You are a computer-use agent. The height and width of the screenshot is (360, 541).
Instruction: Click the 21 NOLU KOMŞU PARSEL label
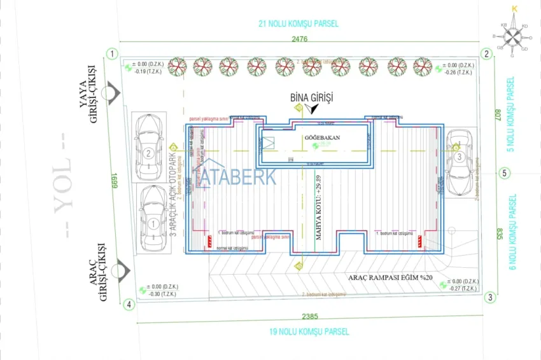click(298, 24)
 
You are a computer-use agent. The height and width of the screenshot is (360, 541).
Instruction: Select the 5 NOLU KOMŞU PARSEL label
click(510, 114)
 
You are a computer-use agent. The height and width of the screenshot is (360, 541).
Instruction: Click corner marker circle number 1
click(112, 54)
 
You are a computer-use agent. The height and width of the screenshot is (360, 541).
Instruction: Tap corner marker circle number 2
click(486, 54)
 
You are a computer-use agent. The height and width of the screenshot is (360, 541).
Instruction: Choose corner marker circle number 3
click(489, 297)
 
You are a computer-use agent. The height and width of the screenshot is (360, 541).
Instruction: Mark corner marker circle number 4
click(130, 305)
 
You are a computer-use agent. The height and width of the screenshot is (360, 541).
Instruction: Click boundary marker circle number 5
click(504, 172)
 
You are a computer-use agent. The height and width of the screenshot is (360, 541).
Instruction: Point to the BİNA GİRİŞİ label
click(311, 97)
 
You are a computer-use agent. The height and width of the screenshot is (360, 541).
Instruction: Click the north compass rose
click(514, 36)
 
